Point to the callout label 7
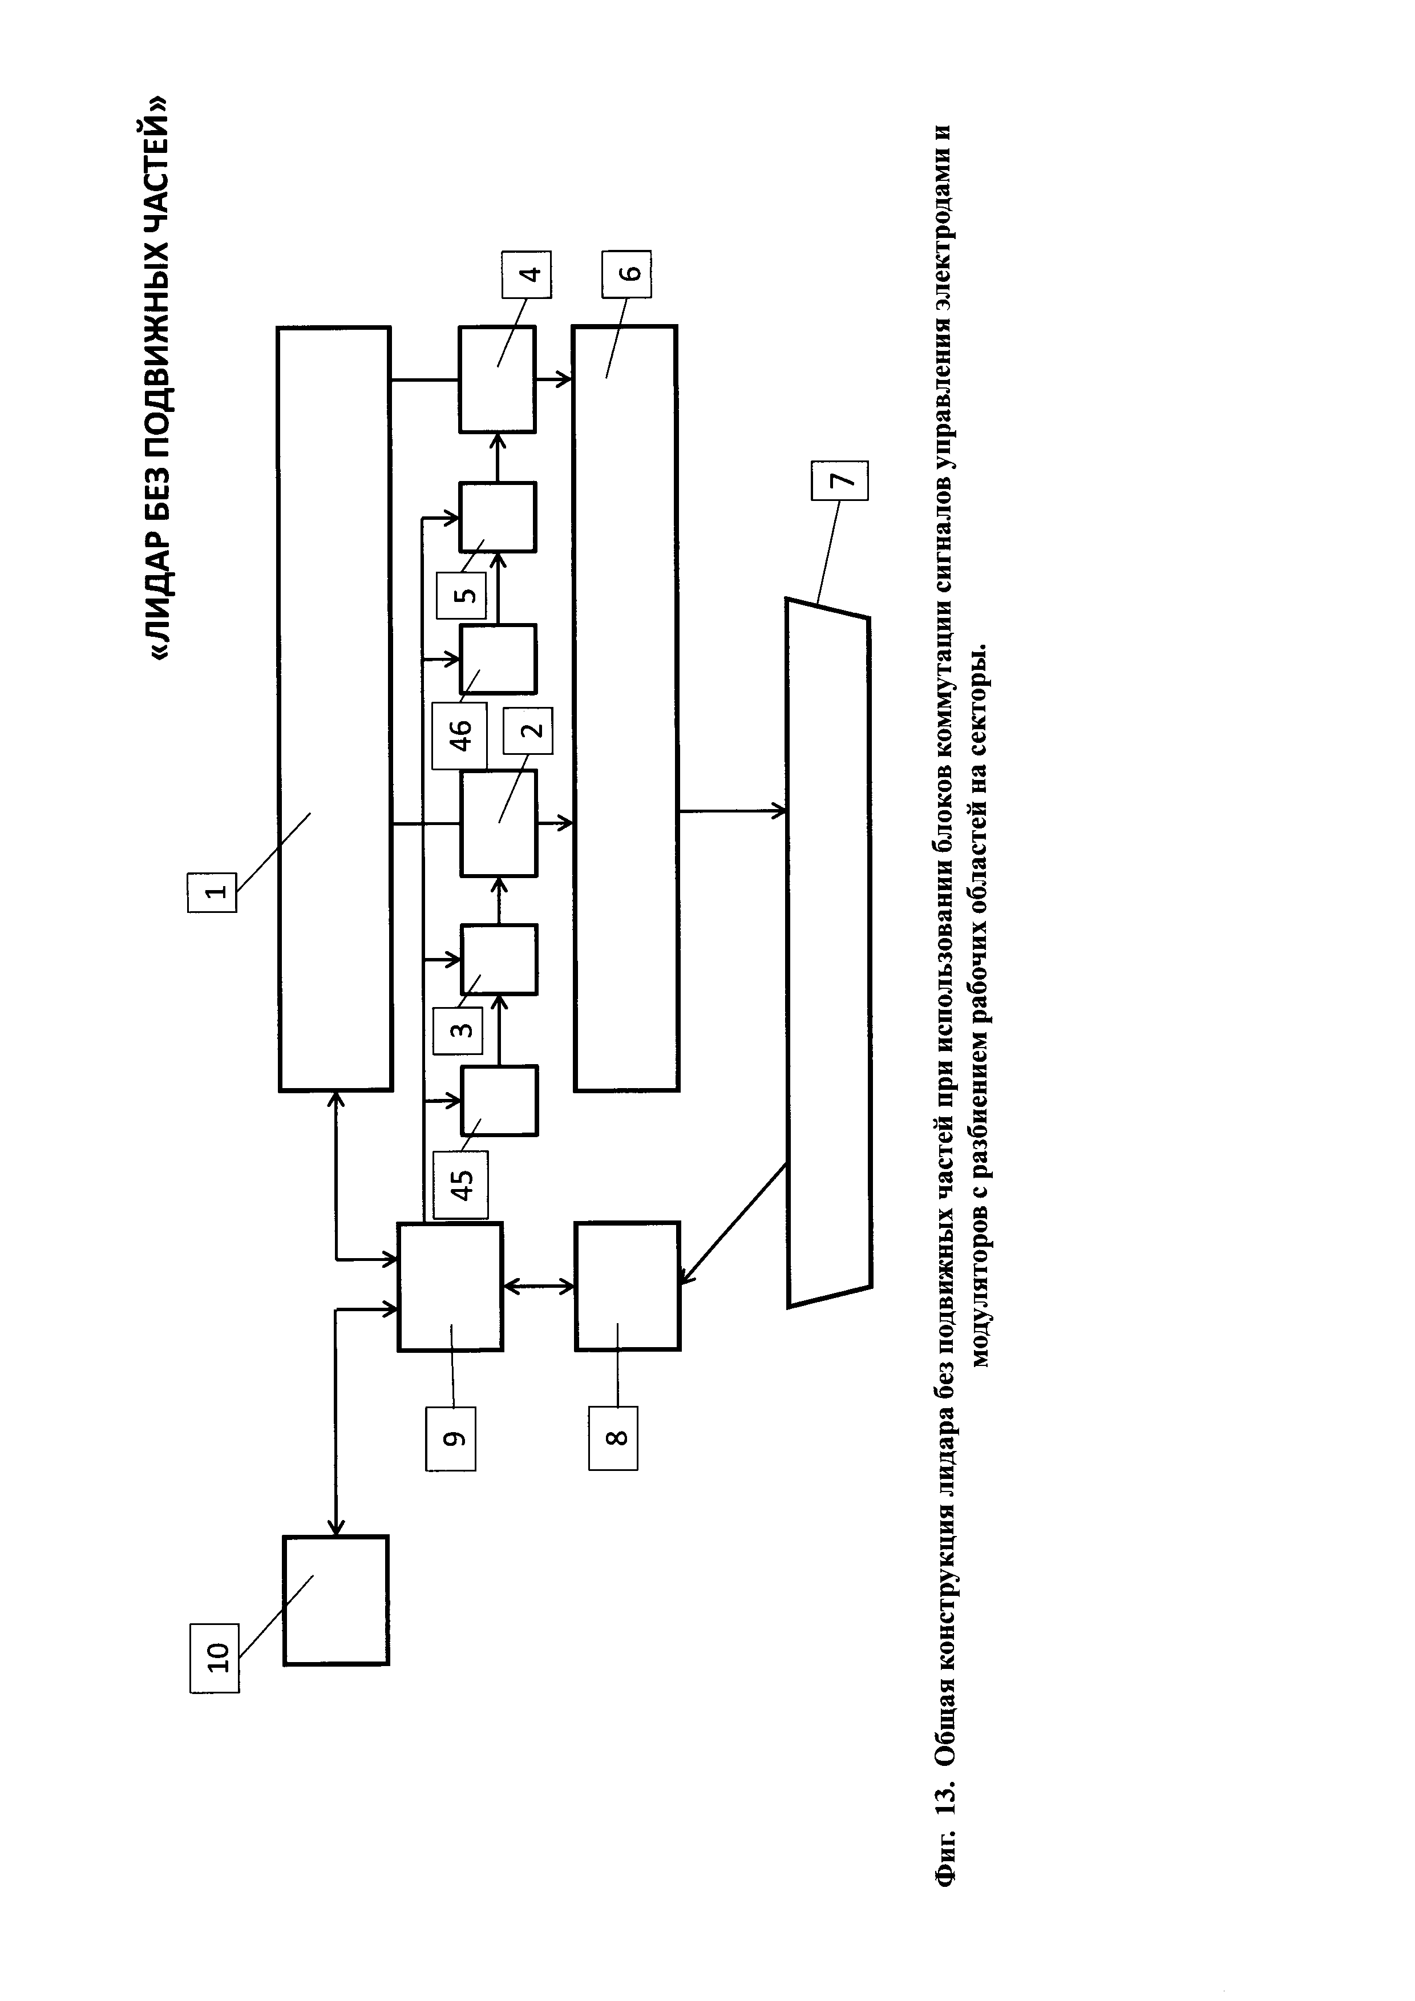click(839, 479)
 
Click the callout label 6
click(626, 274)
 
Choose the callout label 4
click(526, 274)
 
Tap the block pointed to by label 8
click(628, 1286)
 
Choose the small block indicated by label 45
click(498, 1100)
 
